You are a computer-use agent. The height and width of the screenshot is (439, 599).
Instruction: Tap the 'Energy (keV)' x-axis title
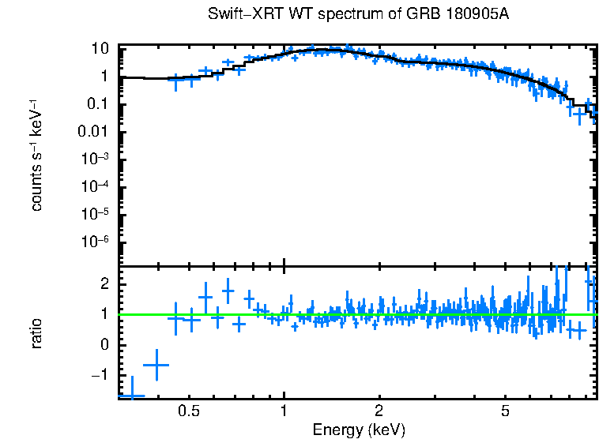359,430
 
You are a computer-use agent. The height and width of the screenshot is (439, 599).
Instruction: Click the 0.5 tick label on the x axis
188,412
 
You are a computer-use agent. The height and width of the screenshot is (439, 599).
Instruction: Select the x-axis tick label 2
379,412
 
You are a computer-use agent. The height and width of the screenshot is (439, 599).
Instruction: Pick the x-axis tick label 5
506,412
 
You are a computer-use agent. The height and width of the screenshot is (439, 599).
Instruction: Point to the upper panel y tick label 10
100,48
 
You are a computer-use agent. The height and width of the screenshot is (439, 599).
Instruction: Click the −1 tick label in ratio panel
100,376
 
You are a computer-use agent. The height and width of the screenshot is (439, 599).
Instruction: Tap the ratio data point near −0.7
156,365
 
